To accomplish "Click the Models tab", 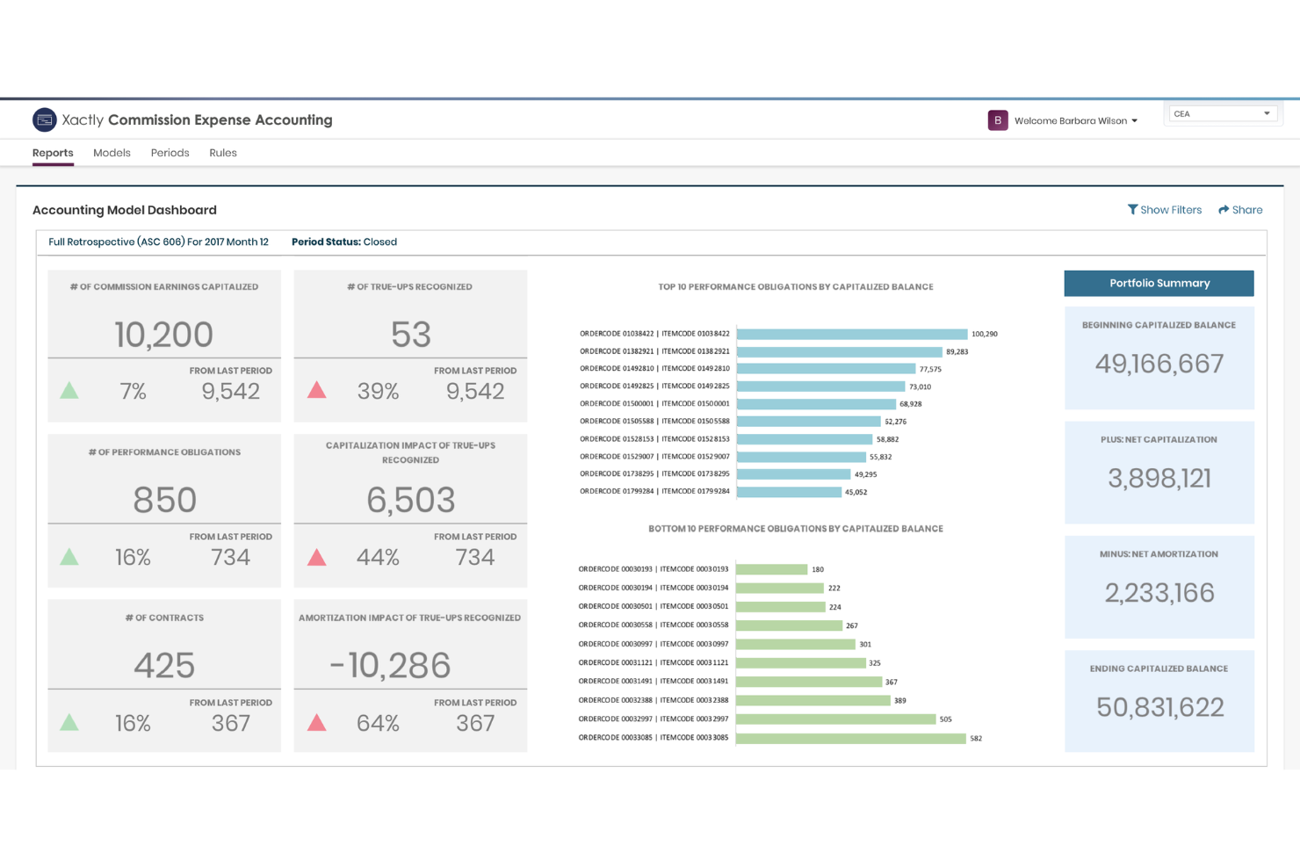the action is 112,153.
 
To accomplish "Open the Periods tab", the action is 170,153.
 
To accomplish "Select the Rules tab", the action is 223,153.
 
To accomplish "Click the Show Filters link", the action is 1164,209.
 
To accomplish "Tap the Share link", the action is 1240,209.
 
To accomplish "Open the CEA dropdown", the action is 1222,113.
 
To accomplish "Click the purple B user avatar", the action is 998,120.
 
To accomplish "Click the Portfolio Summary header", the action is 1159,283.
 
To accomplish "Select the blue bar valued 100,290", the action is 852,334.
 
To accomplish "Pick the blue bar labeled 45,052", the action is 789,492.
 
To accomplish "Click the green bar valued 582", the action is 851,738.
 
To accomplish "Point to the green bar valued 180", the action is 771,569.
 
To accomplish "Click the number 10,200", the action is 164,335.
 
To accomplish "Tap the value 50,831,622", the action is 1159,707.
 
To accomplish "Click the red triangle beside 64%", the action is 316,722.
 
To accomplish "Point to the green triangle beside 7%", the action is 69,390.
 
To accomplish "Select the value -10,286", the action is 390,665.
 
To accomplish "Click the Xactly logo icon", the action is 44,120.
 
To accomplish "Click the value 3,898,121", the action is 1159,478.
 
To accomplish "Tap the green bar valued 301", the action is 795,644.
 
